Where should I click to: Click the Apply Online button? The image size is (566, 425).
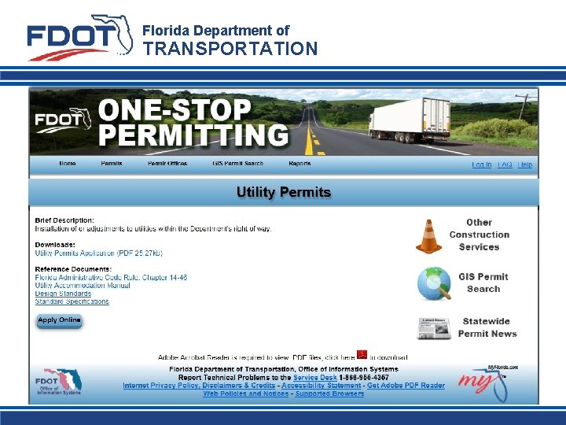[59, 320]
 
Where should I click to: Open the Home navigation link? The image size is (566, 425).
[68, 164]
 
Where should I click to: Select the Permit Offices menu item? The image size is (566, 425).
[167, 164]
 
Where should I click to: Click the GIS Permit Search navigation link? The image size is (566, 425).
[237, 164]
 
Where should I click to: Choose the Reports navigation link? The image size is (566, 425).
[300, 164]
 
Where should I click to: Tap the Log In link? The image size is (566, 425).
[481, 164]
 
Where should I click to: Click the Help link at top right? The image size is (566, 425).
[525, 164]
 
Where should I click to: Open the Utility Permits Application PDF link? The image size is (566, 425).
[98, 253]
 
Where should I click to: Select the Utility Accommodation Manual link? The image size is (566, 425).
[83, 286]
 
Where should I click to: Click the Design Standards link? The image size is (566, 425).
[63, 294]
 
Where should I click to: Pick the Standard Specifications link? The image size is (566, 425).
[72, 301]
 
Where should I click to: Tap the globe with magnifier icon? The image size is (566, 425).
[433, 283]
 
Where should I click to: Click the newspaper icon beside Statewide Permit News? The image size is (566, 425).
[433, 327]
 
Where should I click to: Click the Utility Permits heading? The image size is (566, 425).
[284, 192]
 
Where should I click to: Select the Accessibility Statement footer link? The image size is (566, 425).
[321, 386]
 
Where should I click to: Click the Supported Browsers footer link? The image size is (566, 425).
[329, 394]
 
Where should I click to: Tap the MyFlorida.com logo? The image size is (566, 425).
[489, 383]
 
